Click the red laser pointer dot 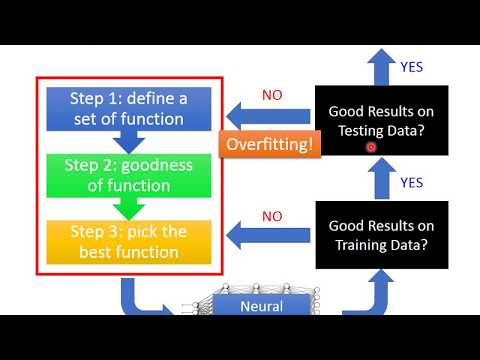click(371, 146)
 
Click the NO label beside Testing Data click(272, 96)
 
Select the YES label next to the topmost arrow click(412, 67)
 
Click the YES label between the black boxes click(412, 183)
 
